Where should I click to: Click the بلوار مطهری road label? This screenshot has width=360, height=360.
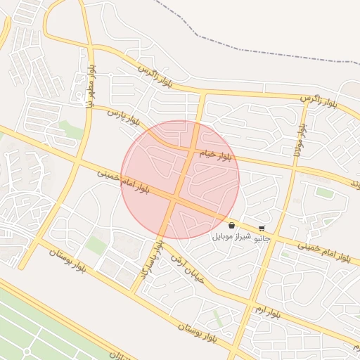[x=91, y=86]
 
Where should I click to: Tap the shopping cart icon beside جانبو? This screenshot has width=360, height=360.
[x=262, y=229]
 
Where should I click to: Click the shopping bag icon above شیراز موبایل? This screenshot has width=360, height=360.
[x=231, y=226]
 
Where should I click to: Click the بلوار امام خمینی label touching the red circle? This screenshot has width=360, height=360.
[x=124, y=180]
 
